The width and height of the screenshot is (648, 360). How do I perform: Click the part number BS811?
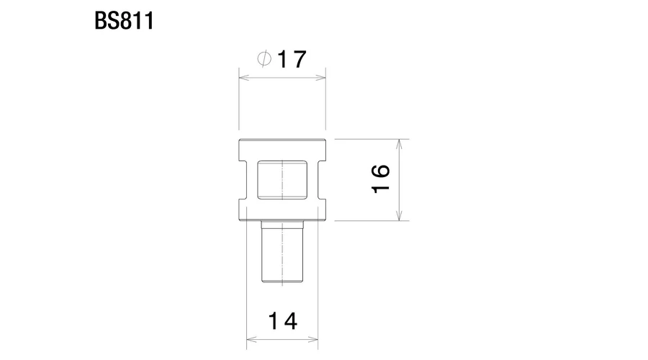(x=124, y=21)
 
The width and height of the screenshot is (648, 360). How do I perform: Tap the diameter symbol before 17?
(x=264, y=58)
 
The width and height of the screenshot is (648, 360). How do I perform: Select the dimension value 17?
(x=292, y=59)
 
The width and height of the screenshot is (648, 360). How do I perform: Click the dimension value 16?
(x=381, y=179)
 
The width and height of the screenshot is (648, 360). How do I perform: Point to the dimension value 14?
(x=282, y=321)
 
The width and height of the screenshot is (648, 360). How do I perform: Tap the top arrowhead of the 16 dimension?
(x=399, y=145)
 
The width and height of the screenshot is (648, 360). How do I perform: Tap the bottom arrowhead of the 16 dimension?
(x=399, y=215)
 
